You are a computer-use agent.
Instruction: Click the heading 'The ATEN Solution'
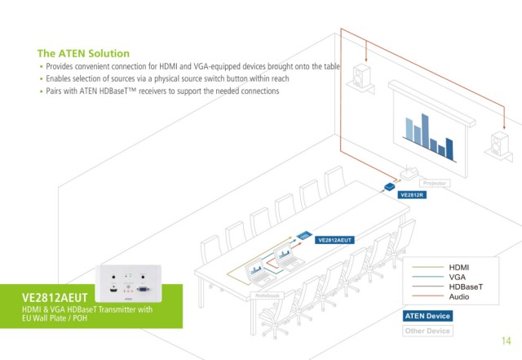(x=83, y=53)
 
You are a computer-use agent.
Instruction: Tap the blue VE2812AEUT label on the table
(x=334, y=240)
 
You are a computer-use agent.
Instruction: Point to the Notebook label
(x=268, y=295)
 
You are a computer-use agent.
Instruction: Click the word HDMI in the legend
(x=460, y=267)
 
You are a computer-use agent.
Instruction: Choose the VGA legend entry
(x=458, y=277)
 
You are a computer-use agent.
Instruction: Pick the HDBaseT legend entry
(x=466, y=287)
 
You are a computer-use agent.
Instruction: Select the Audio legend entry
(x=459, y=296)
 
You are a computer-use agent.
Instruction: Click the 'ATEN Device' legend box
(x=427, y=316)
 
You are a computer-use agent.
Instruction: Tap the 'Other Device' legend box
(x=427, y=331)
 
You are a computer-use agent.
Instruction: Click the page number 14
(x=506, y=340)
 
